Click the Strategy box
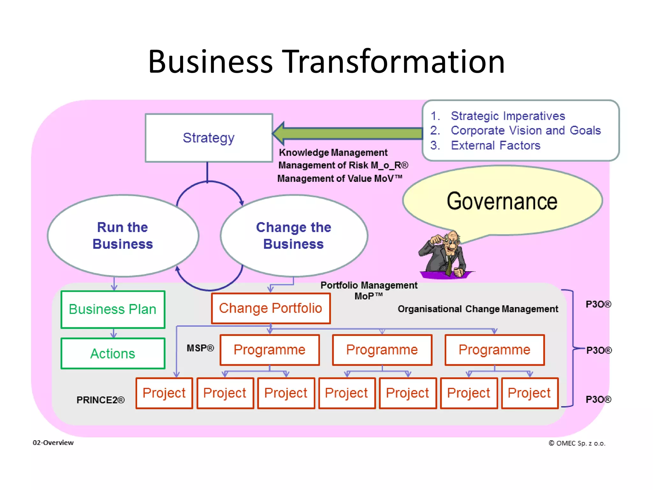point(209,138)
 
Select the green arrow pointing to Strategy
point(348,133)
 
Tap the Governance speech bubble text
point(502,201)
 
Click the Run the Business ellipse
point(123,236)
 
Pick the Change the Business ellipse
point(294,236)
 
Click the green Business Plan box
point(113,309)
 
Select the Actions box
point(113,353)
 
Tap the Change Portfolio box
point(271,308)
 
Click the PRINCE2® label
point(100,400)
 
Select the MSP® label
point(200,348)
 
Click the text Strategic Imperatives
point(508,116)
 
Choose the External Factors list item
point(495,145)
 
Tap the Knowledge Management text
point(333,152)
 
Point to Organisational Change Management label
point(478,309)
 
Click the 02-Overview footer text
point(53,442)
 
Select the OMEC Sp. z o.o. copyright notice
point(577,443)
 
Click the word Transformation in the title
point(395,62)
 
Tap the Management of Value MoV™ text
point(340,178)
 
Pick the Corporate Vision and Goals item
point(525,130)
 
